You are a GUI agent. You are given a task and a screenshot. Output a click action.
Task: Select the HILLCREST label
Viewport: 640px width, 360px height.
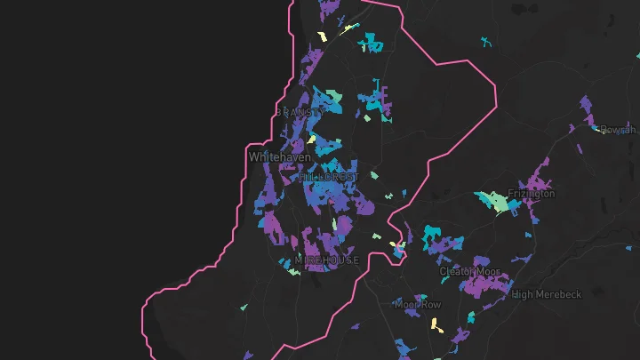click(x=330, y=177)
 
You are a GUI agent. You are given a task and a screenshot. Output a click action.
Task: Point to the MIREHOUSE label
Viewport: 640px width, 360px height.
click(x=326, y=260)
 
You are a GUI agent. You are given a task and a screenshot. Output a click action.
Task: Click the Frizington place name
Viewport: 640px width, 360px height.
click(x=531, y=193)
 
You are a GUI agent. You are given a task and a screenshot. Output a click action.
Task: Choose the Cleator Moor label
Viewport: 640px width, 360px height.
click(x=469, y=271)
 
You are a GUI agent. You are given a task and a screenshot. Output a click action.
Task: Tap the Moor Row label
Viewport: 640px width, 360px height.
click(x=418, y=304)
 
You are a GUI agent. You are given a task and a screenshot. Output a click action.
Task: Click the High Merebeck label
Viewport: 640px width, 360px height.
click(x=546, y=294)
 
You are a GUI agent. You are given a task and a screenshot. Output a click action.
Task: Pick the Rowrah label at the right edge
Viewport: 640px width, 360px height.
click(x=619, y=130)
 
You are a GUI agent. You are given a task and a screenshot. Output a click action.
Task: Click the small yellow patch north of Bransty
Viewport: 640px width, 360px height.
click(x=324, y=36)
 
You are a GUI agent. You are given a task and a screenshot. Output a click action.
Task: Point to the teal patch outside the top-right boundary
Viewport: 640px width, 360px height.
click(x=485, y=41)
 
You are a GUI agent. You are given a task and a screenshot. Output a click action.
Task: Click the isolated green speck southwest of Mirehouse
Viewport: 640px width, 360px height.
click(x=244, y=308)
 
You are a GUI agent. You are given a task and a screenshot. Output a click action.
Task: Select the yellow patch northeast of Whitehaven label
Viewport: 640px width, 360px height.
click(x=312, y=139)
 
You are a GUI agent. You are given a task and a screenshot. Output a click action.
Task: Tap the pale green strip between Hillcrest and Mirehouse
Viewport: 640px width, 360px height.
click(x=335, y=223)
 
